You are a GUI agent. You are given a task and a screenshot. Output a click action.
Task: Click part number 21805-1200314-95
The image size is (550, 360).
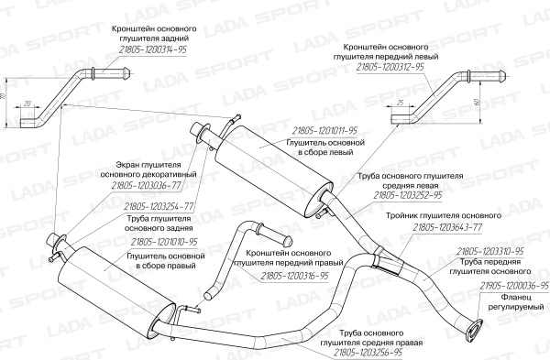coord(152,50)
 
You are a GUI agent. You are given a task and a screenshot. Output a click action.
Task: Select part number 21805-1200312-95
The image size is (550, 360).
coord(390,67)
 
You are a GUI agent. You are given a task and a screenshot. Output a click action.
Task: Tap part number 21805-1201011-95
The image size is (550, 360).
coord(324,131)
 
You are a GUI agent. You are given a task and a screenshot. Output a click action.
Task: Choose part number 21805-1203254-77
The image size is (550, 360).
coord(159,207)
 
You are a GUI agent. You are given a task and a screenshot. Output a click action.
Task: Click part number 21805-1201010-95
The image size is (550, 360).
coord(164,242)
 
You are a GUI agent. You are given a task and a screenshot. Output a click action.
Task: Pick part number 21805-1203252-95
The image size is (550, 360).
coord(408,196)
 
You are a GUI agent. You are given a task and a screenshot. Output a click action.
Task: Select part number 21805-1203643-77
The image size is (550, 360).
coord(447,227)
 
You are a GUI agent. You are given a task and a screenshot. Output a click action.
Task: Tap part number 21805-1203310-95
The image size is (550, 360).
coord(490,251)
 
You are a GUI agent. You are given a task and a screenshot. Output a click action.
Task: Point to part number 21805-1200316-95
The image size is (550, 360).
coord(294,277)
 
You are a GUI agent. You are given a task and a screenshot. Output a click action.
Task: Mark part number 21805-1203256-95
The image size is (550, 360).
coord(368,353)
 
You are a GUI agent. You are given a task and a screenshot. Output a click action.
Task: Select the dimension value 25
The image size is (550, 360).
coord(401,102)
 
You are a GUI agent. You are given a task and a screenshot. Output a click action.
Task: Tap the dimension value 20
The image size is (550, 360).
coord(27,104)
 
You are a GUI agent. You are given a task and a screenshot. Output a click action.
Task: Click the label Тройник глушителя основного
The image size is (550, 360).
coord(444,215)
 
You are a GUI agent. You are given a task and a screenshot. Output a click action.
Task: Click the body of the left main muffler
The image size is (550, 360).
coord(273,170)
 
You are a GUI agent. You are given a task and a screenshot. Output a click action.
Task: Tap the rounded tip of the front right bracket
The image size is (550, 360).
coord(287,242)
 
